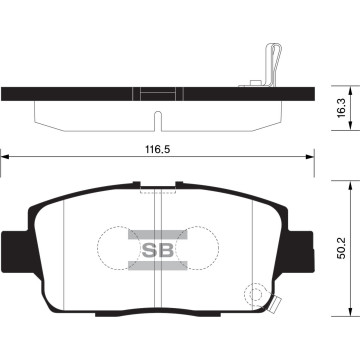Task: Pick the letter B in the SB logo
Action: (x=161, y=250)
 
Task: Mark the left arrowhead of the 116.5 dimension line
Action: (x=5, y=156)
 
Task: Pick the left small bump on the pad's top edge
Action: (x=133, y=183)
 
